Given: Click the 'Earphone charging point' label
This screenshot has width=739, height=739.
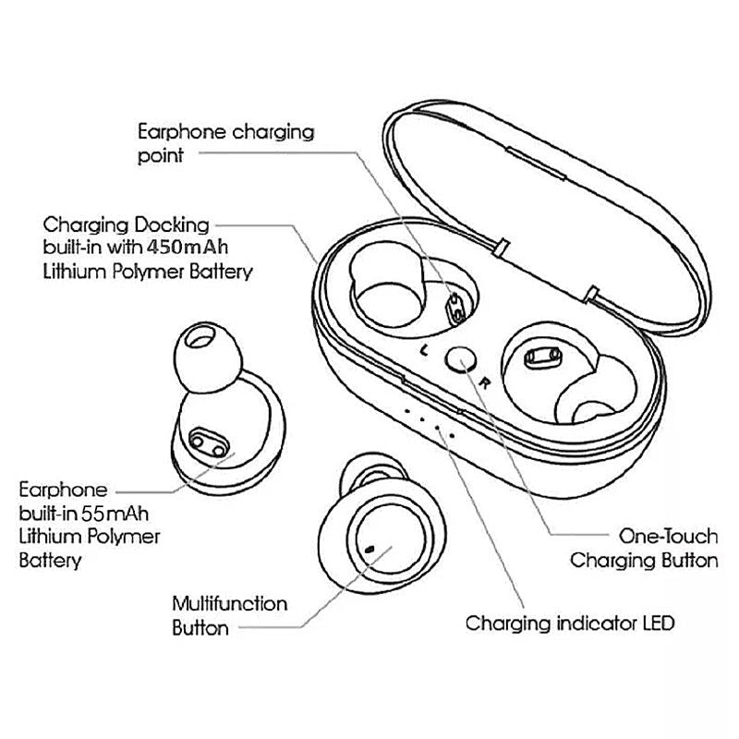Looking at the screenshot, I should (225, 143).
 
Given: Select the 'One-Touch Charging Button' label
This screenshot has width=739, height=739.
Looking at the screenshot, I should (643, 549).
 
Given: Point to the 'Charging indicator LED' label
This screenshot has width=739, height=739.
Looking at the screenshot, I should (570, 623).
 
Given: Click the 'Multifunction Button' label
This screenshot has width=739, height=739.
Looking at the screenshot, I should (230, 616).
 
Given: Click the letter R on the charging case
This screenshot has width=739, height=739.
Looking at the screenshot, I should (483, 379).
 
